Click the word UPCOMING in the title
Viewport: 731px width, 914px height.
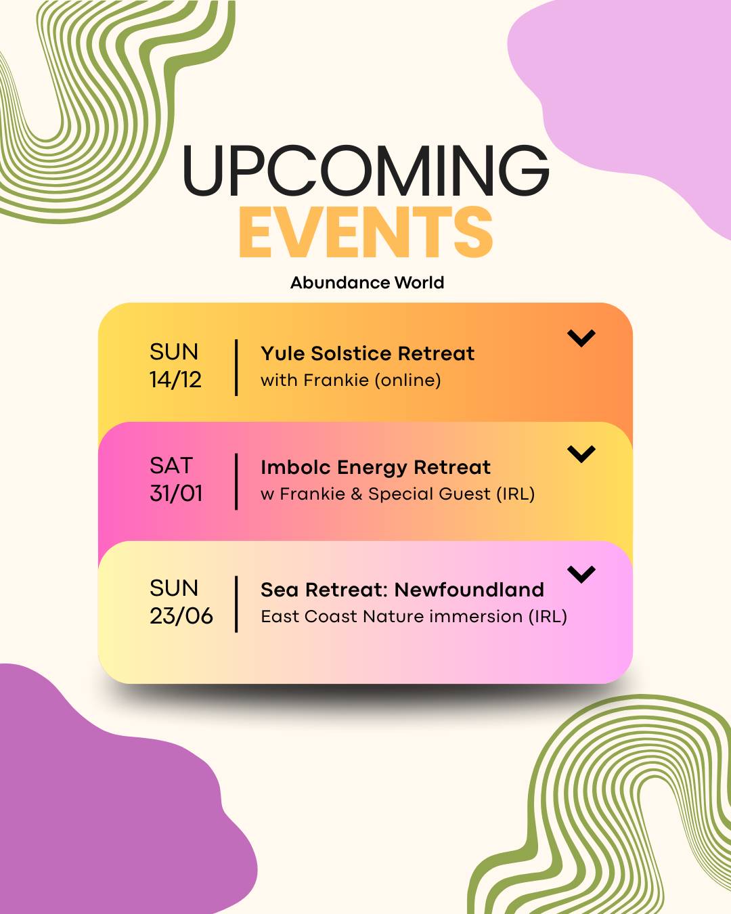[365, 171]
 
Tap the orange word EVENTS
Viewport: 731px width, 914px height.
[365, 232]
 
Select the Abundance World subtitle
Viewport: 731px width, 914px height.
[367, 282]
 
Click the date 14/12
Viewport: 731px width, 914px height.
[175, 380]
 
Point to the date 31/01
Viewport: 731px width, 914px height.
[176, 494]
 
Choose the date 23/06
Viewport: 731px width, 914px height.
[181, 616]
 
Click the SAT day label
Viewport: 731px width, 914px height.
[171, 466]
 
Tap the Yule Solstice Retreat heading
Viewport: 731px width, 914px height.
[368, 353]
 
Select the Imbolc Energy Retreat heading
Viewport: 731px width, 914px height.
[376, 467]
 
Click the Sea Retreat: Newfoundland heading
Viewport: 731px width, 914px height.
[402, 590]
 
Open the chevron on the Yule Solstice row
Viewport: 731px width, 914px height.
[581, 338]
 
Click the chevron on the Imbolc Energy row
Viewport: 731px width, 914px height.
[581, 454]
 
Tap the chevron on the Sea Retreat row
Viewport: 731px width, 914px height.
[581, 575]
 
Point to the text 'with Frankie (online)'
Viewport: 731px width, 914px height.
[351, 380]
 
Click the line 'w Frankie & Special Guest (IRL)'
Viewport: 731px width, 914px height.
[397, 494]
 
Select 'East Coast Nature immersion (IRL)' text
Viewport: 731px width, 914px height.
[414, 616]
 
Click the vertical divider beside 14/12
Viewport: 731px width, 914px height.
[236, 368]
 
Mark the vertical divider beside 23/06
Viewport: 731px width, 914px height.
[236, 604]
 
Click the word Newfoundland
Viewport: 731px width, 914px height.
[469, 590]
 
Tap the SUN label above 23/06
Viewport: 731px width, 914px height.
[174, 588]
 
